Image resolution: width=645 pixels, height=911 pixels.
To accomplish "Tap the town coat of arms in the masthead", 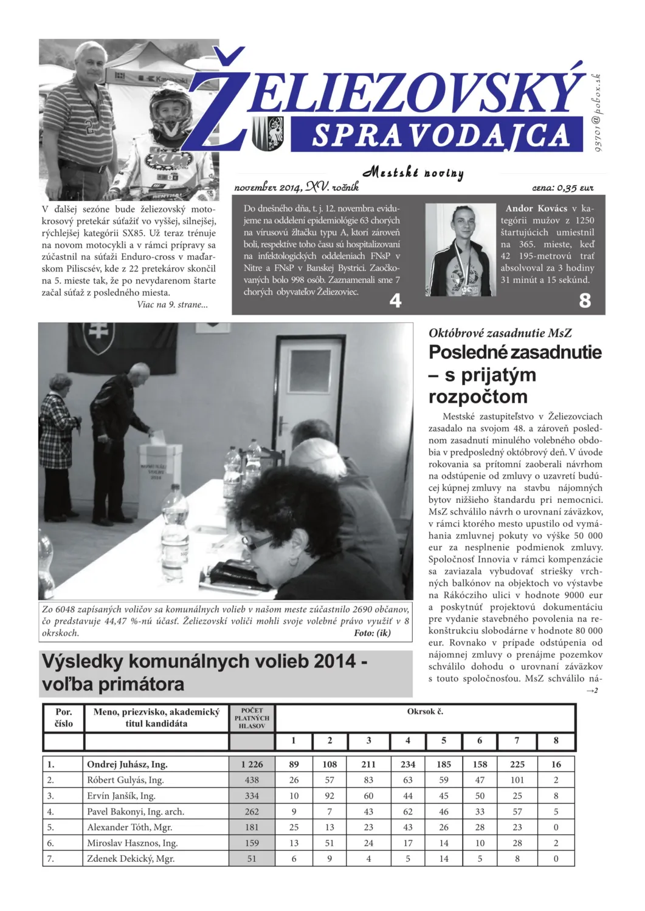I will coord(268,133).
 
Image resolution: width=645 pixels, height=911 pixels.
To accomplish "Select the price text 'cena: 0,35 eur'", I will coord(562,188).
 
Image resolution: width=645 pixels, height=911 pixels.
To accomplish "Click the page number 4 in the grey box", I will coord(395,301).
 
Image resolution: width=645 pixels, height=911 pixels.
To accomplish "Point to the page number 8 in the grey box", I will coord(585,301).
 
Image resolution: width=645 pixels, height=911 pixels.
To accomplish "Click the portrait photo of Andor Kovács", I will coord(460,250).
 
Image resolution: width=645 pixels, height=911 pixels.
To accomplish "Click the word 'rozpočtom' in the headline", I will coord(478,397).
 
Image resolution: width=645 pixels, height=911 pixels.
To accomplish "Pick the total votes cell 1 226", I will coord(252,765).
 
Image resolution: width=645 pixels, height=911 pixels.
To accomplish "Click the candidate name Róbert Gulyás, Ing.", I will coord(125,780).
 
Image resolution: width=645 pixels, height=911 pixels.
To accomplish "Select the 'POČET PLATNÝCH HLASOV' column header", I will coord(252,718).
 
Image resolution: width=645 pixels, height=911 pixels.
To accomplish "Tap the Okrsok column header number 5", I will coord(443,741).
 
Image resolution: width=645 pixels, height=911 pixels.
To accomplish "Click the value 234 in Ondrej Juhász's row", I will coord(407,765).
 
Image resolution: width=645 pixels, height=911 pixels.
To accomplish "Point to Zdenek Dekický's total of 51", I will coord(252,859).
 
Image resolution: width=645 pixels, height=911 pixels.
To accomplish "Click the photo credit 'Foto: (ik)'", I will coord(372,633).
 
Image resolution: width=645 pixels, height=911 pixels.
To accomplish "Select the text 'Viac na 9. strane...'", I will coord(172,305).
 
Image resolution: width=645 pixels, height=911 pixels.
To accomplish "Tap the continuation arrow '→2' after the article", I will coord(592,691).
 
